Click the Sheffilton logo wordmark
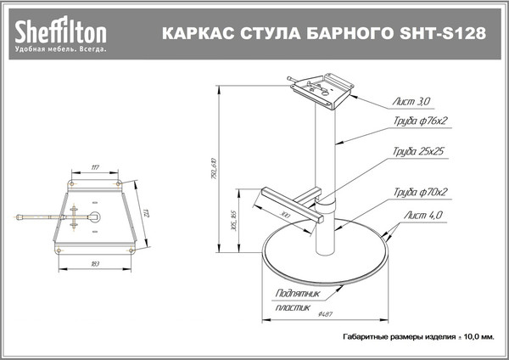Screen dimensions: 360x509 59,32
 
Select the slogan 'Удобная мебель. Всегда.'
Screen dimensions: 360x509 59,50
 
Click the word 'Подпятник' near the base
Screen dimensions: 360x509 299,294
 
